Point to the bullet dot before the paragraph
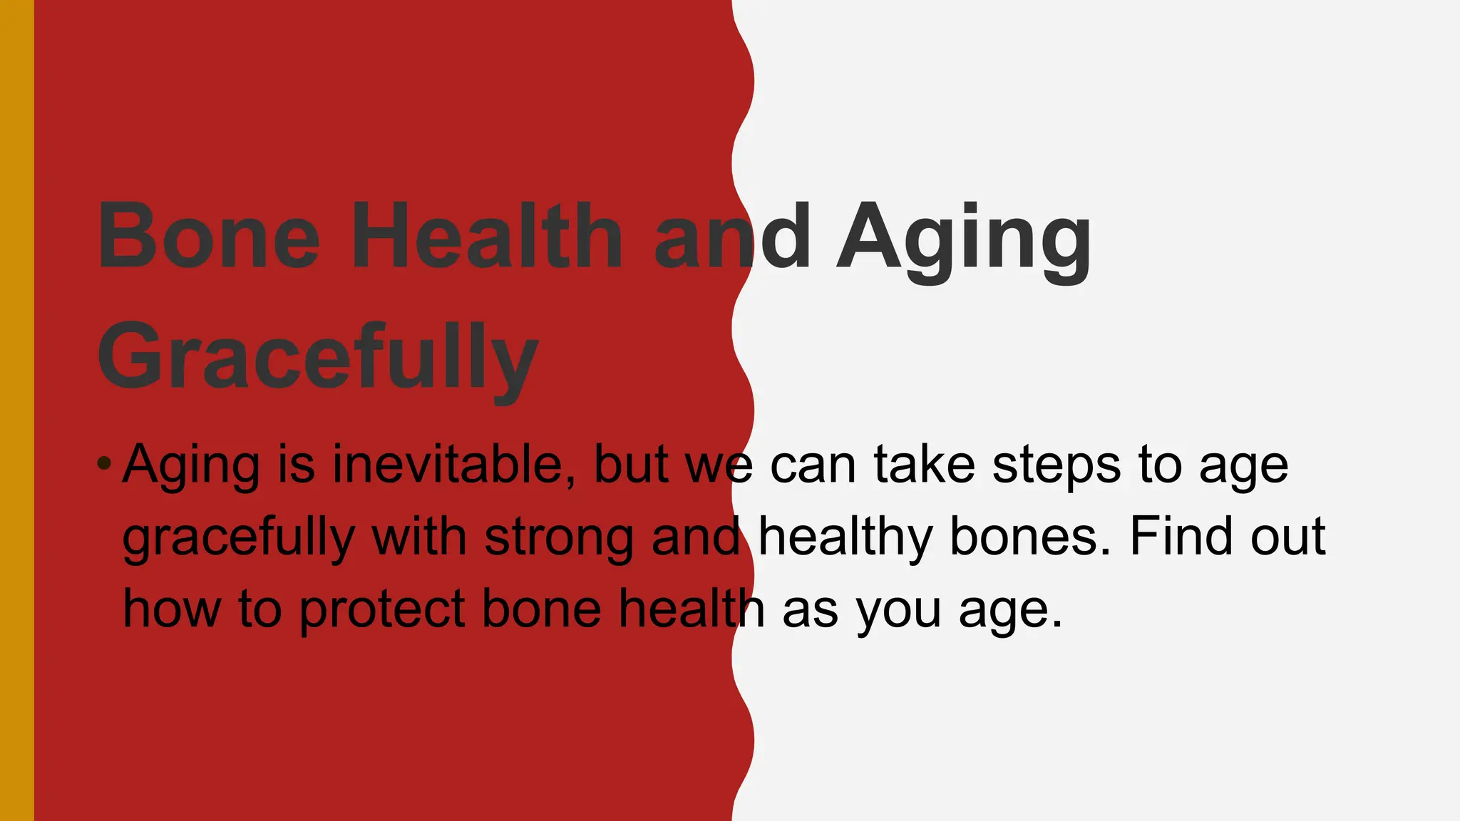(x=104, y=465)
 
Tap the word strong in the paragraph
(x=559, y=538)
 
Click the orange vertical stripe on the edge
(x=16, y=410)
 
